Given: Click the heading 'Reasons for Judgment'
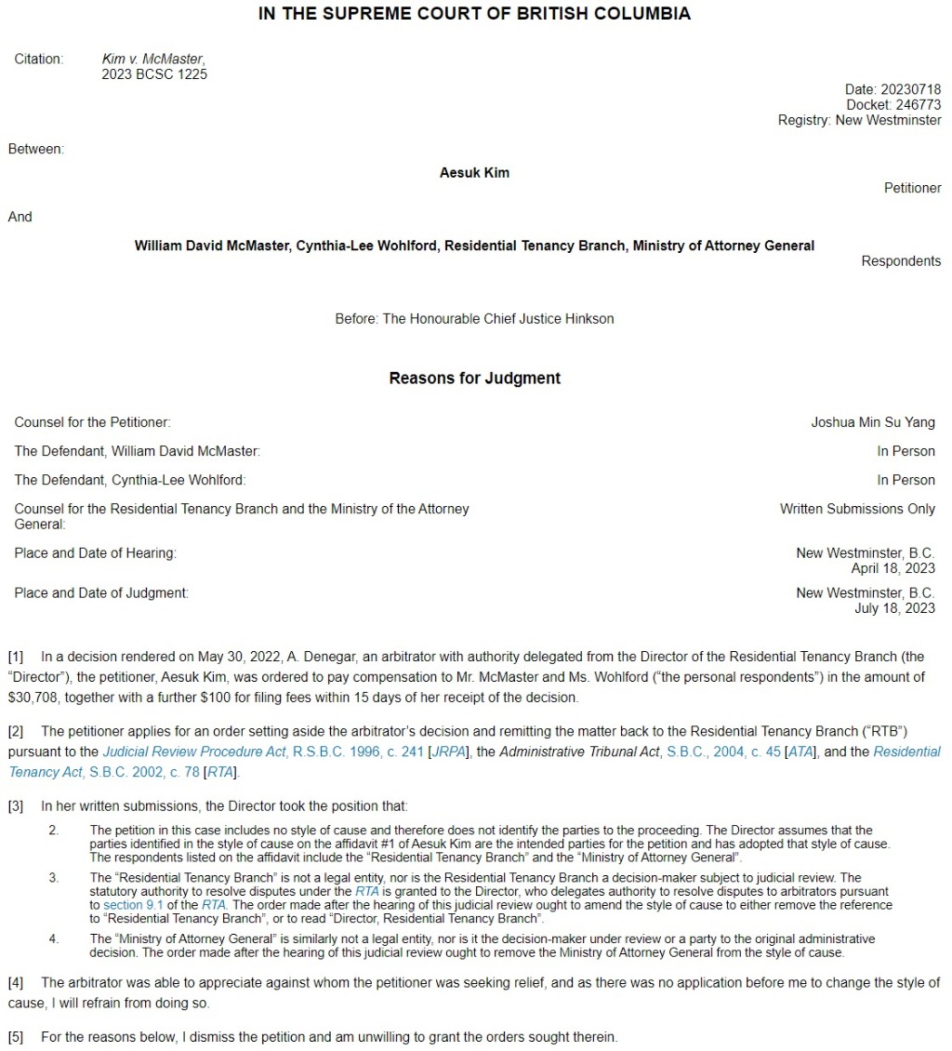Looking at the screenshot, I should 474,379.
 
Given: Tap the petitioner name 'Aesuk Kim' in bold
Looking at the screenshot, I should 474,173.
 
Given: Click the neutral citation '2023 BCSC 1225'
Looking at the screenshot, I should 154,74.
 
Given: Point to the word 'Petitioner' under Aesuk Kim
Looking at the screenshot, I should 912,188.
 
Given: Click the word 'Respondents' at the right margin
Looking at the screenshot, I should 901,261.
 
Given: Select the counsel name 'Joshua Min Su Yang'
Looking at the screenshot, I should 873,422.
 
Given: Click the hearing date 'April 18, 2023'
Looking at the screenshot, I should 892,568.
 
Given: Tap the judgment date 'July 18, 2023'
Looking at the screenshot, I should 894,608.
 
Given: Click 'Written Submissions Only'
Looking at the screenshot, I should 857,509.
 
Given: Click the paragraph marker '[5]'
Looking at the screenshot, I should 17,1037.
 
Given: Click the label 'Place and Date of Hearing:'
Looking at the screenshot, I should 95,553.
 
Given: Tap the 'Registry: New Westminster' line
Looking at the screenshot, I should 859,120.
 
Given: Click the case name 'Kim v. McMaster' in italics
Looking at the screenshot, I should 152,60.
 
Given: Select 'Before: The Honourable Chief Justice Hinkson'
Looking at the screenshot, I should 474,319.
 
